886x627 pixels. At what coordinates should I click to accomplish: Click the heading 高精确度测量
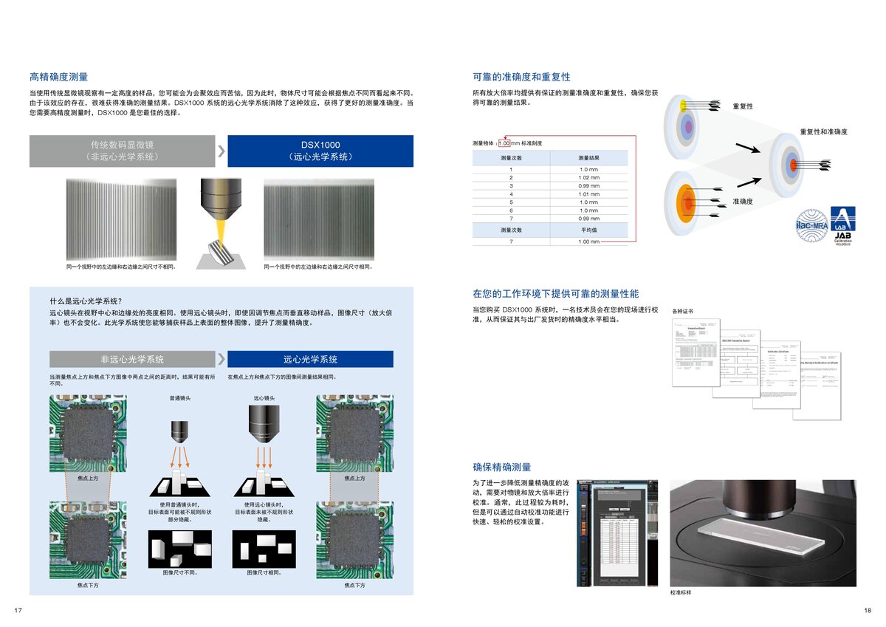tap(59, 77)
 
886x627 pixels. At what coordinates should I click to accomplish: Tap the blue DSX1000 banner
tap(320, 151)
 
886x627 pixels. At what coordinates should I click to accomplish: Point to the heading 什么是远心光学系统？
tap(86, 301)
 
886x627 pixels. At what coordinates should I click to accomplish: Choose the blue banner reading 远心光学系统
tap(310, 360)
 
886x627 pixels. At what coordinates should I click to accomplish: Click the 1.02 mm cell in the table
tap(589, 178)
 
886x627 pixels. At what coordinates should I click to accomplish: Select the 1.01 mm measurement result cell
tap(589, 194)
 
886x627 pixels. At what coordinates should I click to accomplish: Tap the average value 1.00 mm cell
tap(589, 241)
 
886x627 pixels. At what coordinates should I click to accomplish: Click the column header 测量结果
tap(589, 158)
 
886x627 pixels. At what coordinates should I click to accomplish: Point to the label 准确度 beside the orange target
tap(742, 201)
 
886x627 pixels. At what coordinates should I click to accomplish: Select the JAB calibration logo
tap(842, 225)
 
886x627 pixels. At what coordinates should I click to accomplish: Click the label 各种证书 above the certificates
tap(683, 312)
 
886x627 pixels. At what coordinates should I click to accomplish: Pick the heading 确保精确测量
tap(502, 467)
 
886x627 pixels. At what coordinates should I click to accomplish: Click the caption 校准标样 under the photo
tap(680, 592)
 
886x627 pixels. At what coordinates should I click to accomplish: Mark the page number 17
tap(19, 609)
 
